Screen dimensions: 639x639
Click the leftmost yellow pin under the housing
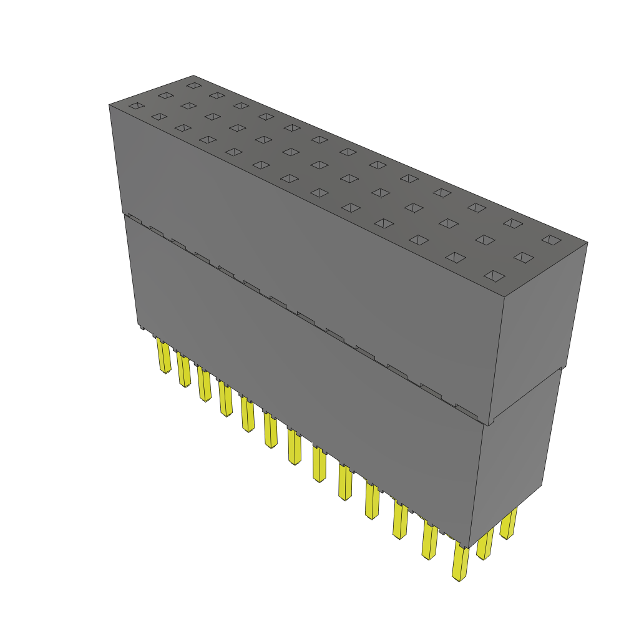(163, 355)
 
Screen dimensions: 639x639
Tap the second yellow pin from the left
(183, 369)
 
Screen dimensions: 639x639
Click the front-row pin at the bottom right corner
(460, 562)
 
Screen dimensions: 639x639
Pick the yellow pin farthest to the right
(509, 524)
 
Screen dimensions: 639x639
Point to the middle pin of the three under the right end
(485, 544)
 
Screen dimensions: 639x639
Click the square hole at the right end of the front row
(494, 275)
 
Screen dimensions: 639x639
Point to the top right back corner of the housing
(587, 243)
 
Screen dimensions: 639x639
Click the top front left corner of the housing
(109, 104)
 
